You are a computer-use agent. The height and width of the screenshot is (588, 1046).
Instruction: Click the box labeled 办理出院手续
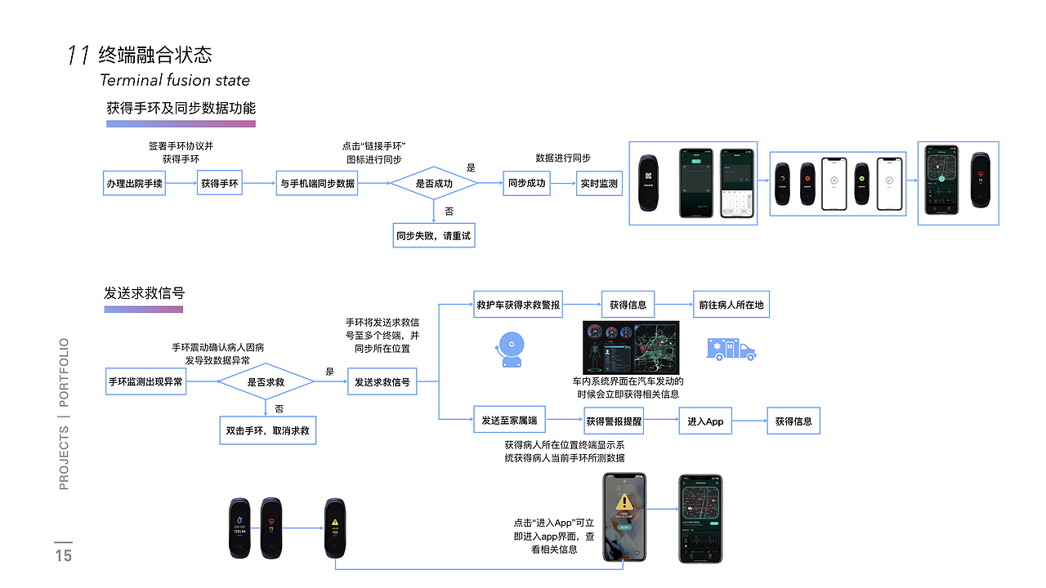click(134, 184)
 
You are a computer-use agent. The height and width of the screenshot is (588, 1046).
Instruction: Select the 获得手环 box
click(220, 184)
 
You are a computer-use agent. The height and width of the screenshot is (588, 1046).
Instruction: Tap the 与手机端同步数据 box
click(317, 184)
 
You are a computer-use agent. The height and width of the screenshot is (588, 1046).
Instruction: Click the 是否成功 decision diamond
click(433, 184)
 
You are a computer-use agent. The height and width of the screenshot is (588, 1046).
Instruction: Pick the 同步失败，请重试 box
click(433, 236)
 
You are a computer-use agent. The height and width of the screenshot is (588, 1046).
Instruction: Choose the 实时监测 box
click(599, 184)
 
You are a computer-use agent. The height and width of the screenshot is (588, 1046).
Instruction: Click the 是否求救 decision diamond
click(266, 381)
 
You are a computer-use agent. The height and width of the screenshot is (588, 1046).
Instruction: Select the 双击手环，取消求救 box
click(267, 430)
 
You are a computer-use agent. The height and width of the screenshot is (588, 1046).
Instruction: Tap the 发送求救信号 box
click(382, 381)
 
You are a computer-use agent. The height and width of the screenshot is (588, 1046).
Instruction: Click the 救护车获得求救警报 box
click(518, 305)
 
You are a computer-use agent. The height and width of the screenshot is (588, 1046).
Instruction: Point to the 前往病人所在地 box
click(731, 305)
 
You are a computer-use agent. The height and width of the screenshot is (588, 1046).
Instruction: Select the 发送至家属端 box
click(508, 421)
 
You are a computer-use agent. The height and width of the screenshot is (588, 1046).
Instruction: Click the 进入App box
click(704, 421)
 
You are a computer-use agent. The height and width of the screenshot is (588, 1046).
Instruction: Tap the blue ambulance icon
click(731, 349)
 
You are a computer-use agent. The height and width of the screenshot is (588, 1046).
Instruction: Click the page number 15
click(64, 556)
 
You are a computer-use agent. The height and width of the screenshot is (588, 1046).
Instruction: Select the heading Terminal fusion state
click(175, 80)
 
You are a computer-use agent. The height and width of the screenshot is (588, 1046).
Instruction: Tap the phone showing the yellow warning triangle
click(624, 518)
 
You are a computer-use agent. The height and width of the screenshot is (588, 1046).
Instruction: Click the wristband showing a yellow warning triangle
click(334, 528)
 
